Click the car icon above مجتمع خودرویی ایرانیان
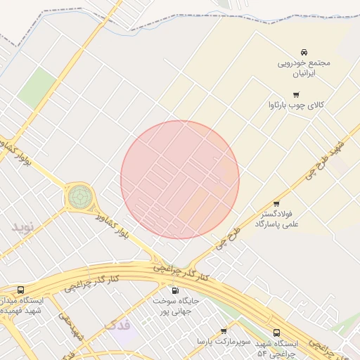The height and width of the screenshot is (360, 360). coord(304,53)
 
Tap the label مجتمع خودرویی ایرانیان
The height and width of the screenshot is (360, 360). coord(304,67)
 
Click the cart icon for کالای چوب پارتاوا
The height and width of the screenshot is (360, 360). coord(296,95)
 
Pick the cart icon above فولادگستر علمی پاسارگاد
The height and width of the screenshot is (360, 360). coord(276,204)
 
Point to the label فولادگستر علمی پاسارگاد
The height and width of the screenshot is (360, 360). coord(276,218)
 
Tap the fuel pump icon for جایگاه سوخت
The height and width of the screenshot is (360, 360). coord(175,290)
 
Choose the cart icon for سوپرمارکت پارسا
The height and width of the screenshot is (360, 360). coord(224,331)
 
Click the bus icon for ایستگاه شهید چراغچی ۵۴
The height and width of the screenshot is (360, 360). coord(276,333)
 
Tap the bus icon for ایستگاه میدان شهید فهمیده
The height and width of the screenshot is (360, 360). coord(20,290)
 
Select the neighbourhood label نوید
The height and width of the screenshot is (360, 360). coord(22,226)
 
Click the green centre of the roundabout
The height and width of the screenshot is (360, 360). coord(79,196)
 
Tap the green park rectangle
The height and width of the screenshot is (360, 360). coord(36,88)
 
